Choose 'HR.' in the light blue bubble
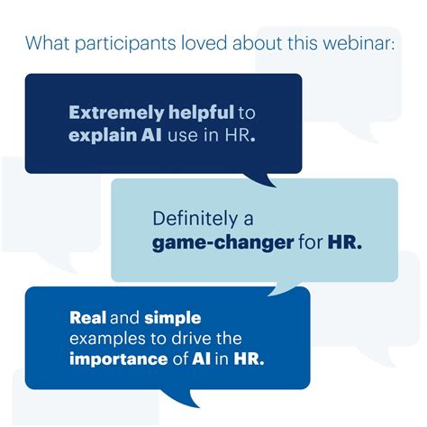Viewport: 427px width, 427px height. point(345,241)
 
